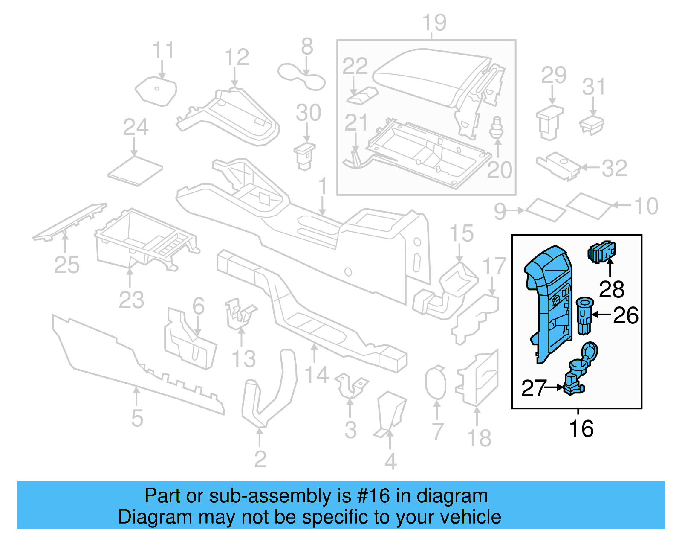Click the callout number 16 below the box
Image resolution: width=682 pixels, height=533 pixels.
[x=581, y=429]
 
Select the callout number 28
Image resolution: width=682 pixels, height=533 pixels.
[x=612, y=289]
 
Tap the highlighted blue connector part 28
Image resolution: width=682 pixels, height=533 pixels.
[x=601, y=252]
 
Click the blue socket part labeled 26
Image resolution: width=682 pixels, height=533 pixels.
[x=584, y=316]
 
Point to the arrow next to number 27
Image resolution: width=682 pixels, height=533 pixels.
[x=555, y=387]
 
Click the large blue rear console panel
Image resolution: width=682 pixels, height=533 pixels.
[x=548, y=299]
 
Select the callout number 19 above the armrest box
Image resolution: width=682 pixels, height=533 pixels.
[x=434, y=23]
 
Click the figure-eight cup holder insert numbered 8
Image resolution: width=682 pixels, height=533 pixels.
[x=301, y=77]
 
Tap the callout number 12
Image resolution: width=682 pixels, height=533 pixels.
[x=237, y=58]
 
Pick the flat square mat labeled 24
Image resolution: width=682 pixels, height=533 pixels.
[x=135, y=171]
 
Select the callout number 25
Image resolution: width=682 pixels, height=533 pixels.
[x=67, y=265]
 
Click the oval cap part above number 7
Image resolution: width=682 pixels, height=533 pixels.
[x=435, y=383]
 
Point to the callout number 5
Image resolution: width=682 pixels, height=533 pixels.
[x=137, y=418]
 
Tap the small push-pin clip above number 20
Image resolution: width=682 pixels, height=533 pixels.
[x=496, y=127]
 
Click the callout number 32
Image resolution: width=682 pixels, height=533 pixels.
[x=614, y=168]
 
